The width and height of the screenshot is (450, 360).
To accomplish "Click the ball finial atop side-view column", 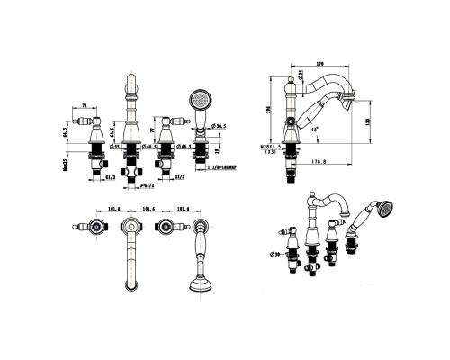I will [x=290, y=85].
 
